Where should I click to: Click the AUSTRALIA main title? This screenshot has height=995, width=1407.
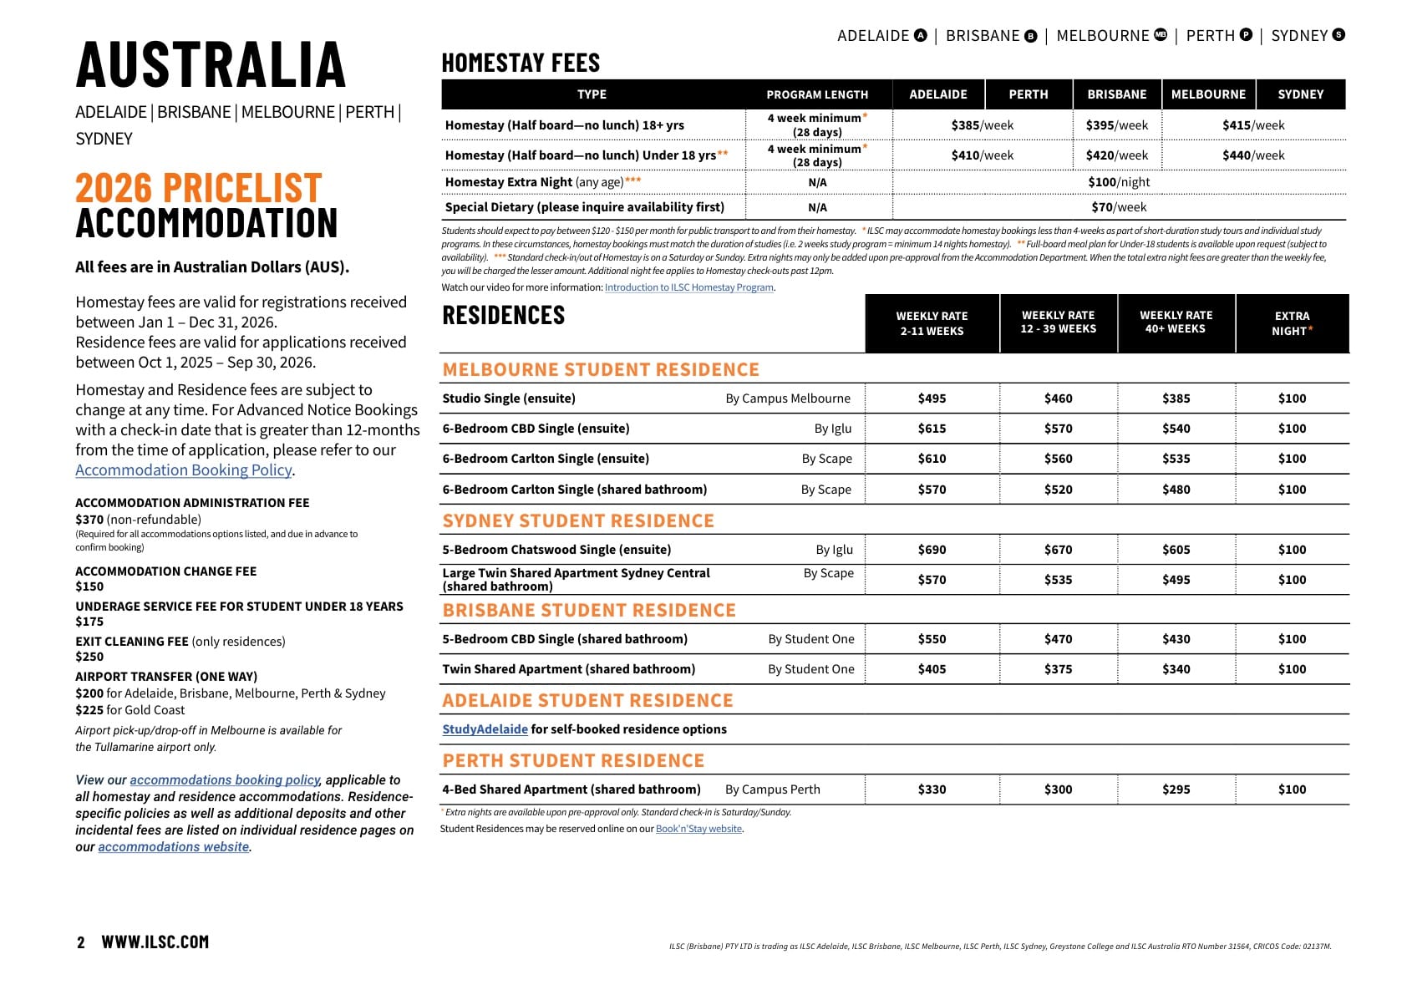coord(211,65)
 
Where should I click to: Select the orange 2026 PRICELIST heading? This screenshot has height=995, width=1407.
coord(199,188)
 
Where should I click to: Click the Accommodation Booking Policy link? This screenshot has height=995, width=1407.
coord(184,470)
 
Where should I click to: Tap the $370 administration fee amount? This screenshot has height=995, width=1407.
coord(89,520)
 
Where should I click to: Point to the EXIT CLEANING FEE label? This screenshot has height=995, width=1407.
coord(132,642)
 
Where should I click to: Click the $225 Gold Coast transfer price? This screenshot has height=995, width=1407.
coord(89,710)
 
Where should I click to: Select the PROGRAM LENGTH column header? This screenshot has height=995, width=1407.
coord(817,94)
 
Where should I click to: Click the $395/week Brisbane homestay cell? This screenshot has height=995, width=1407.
coord(1116,125)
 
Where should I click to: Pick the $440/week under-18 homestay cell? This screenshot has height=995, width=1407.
coord(1253,155)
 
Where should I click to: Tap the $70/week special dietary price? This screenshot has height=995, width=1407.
coord(1119,207)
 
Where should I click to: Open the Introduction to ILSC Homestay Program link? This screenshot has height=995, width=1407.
coord(689,287)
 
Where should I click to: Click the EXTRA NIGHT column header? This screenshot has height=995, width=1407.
coord(1292,323)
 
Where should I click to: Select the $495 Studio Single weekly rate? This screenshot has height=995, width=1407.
coord(932,399)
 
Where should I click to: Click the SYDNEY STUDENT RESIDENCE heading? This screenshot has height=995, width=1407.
coord(578,521)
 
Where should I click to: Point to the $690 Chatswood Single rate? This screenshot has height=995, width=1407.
coord(932,550)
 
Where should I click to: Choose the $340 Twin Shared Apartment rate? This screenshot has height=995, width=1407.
coord(1176,669)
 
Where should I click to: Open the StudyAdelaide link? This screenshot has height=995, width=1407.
coord(485,729)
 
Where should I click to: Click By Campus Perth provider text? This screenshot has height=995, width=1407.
coord(773,789)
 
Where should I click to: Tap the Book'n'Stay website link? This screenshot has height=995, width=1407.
coord(698,829)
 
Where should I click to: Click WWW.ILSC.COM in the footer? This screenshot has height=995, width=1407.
coord(155,942)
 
